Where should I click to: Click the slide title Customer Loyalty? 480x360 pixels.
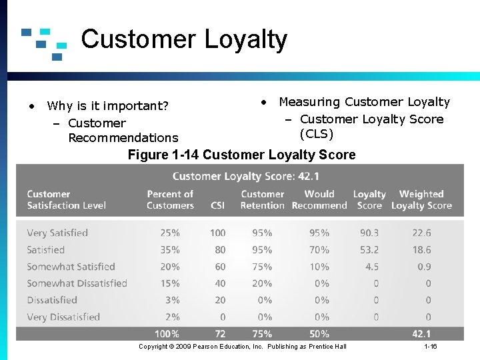[184, 40]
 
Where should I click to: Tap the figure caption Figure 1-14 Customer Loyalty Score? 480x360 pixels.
[241, 155]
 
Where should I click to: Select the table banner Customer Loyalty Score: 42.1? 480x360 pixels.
[245, 177]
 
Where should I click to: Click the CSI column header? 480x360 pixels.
[217, 205]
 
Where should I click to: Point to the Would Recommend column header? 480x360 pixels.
[319, 199]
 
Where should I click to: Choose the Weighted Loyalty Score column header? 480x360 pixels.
[421, 199]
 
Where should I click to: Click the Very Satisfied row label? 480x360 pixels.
[57, 233]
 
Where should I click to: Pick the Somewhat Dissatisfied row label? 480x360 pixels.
[77, 283]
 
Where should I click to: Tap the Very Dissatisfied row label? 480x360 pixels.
[63, 317]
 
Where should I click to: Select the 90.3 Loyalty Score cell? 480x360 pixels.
[369, 233]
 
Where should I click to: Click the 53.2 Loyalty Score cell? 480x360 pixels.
[369, 250]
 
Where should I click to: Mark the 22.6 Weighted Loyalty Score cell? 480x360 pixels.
[421, 233]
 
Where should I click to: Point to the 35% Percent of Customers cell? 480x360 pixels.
[170, 250]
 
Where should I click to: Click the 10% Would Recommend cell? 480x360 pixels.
[319, 267]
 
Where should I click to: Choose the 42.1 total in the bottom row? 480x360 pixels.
[421, 333]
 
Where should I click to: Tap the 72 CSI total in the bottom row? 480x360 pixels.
[220, 333]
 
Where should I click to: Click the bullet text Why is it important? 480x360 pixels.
[107, 106]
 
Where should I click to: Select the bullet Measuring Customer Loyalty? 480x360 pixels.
[364, 102]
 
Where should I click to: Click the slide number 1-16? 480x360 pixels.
[431, 347]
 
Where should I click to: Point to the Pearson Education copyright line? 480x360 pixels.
[242, 347]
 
